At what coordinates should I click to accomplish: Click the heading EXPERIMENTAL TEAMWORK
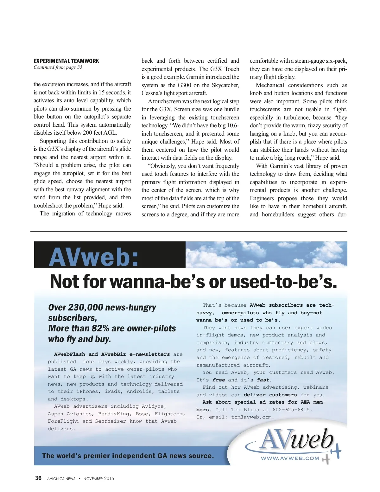point(66,61)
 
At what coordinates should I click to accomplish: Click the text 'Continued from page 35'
point(58,67)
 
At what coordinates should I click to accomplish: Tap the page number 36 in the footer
point(38,478)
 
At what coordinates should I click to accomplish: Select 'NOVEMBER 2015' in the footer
point(98,478)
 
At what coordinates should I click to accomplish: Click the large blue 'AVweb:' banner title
point(94,257)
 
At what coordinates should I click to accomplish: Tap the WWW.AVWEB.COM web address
point(290,458)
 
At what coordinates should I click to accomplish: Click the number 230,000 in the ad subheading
point(85,307)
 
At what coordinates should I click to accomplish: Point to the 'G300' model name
point(184,85)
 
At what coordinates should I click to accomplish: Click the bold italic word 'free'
point(218,380)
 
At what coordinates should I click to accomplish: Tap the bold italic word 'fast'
point(263,380)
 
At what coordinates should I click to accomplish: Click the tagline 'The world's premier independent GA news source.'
point(128,456)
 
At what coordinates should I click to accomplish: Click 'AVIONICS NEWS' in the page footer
point(61,479)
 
